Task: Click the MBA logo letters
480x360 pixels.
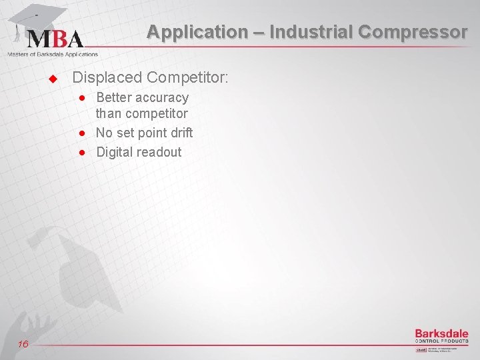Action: tap(55, 38)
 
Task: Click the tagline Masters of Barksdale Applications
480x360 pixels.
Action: tap(53, 54)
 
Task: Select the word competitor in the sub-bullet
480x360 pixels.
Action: tap(155, 115)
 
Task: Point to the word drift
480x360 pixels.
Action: tap(181, 133)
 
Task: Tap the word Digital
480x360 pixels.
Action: tap(115, 152)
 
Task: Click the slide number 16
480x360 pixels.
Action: tap(23, 343)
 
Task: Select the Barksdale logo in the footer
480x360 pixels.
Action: tap(441, 335)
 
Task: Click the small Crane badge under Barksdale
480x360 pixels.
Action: tap(421, 349)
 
